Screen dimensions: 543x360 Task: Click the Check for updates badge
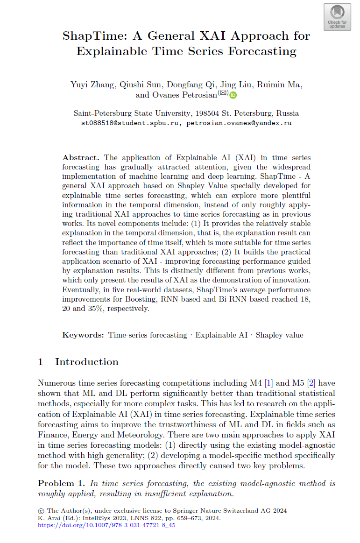click(x=337, y=17)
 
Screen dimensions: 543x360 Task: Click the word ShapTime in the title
click(x=90, y=36)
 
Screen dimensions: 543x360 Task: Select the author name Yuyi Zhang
click(x=92, y=85)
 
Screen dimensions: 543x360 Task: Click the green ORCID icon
click(x=233, y=95)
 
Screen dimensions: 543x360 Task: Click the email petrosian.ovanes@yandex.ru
click(x=239, y=123)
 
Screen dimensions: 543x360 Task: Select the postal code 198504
click(x=207, y=113)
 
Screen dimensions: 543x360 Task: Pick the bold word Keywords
click(x=83, y=335)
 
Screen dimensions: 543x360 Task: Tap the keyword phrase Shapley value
click(x=279, y=335)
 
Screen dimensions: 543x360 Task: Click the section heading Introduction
click(x=87, y=362)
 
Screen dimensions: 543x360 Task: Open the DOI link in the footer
click(x=106, y=525)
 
